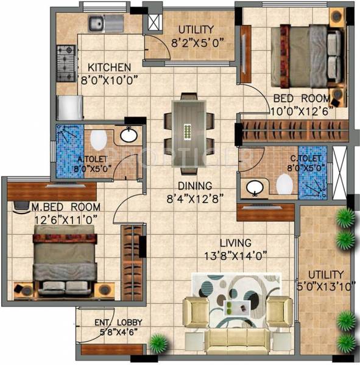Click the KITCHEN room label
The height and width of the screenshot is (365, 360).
pyautogui.click(x=109, y=67)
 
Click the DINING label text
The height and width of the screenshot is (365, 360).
pyautogui.click(x=195, y=186)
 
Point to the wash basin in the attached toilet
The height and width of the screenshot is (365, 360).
pyautogui.click(x=129, y=135)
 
